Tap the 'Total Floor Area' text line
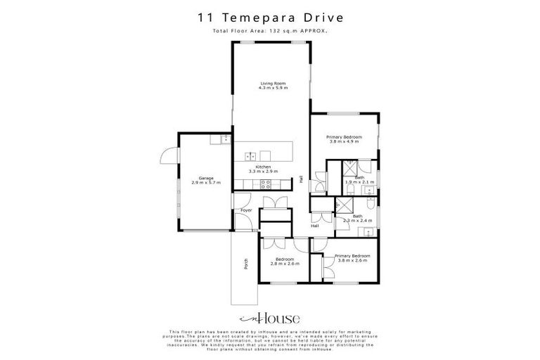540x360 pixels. [270, 32]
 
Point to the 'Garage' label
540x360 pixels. [206, 180]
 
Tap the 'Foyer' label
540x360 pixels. [246, 210]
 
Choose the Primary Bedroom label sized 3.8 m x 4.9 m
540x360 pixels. [345, 139]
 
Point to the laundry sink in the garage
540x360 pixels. [224, 139]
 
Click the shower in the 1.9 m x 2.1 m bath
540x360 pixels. [349, 169]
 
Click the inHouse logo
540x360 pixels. [270, 316]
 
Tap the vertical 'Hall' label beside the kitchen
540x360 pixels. [302, 180]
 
